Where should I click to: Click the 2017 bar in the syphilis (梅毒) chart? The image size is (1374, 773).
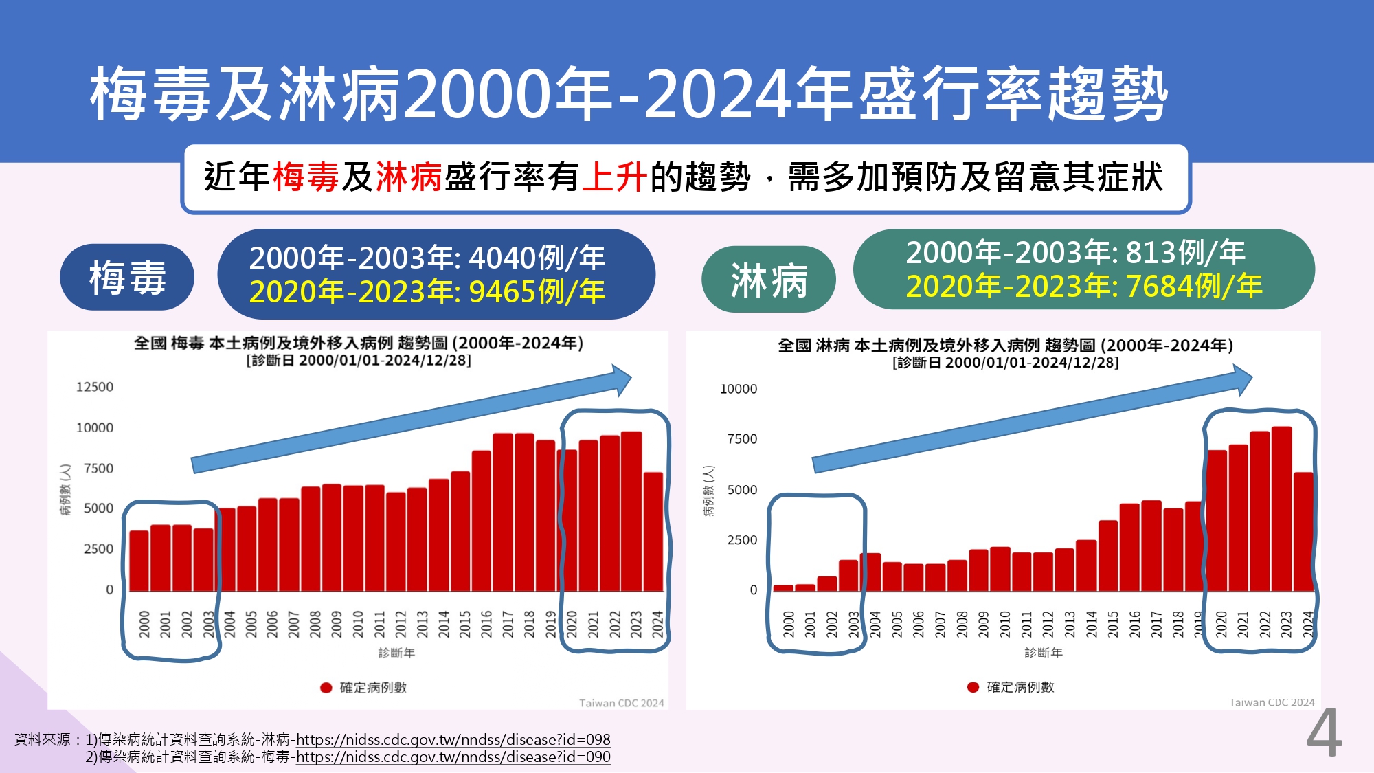coord(503,512)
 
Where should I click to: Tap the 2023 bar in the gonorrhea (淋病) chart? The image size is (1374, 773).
coord(1281,508)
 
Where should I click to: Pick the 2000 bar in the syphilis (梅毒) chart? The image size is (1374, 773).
coord(139,560)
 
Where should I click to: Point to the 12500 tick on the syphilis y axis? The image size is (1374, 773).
coord(95,387)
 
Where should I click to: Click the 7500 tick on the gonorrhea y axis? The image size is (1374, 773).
coord(742,439)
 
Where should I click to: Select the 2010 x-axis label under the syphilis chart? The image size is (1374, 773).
coord(357,624)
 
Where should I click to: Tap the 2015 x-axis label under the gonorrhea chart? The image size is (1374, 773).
coord(1113,624)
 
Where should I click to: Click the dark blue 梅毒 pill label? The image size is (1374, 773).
coord(127,278)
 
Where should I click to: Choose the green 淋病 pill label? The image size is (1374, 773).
coord(768,280)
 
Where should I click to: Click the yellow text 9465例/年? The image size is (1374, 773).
coord(537,292)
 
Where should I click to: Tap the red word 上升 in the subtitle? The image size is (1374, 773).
coord(614,177)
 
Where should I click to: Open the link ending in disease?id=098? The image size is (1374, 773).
coord(453,740)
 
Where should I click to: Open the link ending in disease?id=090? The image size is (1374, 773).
coord(453,757)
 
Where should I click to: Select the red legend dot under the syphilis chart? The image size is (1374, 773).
coord(326,688)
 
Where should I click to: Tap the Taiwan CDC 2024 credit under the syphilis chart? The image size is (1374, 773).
coord(621,703)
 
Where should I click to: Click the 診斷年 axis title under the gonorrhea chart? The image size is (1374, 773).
coord(1043,653)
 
